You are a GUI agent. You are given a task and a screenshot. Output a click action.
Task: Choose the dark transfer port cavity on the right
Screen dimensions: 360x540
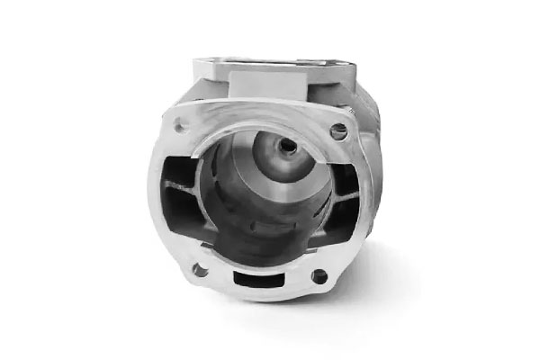tap(340, 203)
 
